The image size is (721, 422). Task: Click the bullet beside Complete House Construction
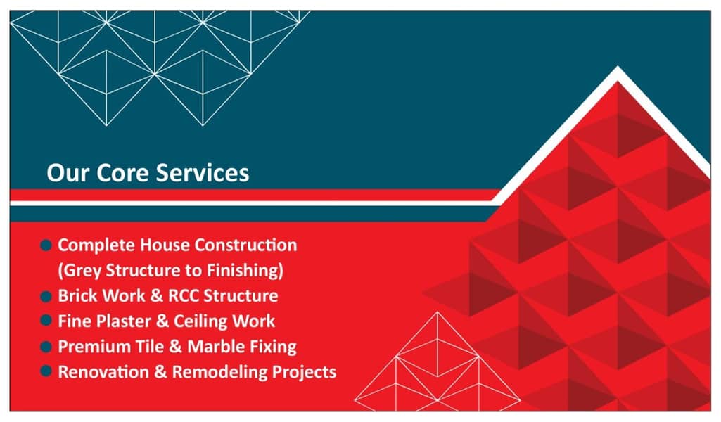point(46,245)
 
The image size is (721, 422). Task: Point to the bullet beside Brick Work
point(46,296)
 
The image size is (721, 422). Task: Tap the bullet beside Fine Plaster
point(46,321)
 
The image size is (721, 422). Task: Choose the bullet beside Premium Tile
point(46,347)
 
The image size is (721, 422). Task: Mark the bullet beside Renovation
point(46,371)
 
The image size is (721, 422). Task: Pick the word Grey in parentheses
point(82,271)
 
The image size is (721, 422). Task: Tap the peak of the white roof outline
point(618,70)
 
